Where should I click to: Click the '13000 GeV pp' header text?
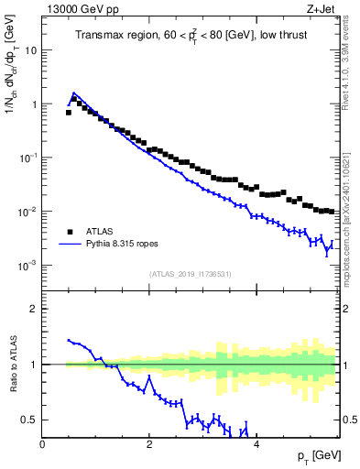pos(82,10)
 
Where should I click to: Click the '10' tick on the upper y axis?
pos(31,50)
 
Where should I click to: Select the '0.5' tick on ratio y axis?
pos(29,420)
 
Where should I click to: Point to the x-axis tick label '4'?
pos(256,444)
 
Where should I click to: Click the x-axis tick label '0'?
pos(43,444)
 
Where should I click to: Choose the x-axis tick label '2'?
pos(149,444)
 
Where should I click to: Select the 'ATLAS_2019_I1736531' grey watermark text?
pos(190,274)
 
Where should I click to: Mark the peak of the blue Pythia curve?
pos(74,93)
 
